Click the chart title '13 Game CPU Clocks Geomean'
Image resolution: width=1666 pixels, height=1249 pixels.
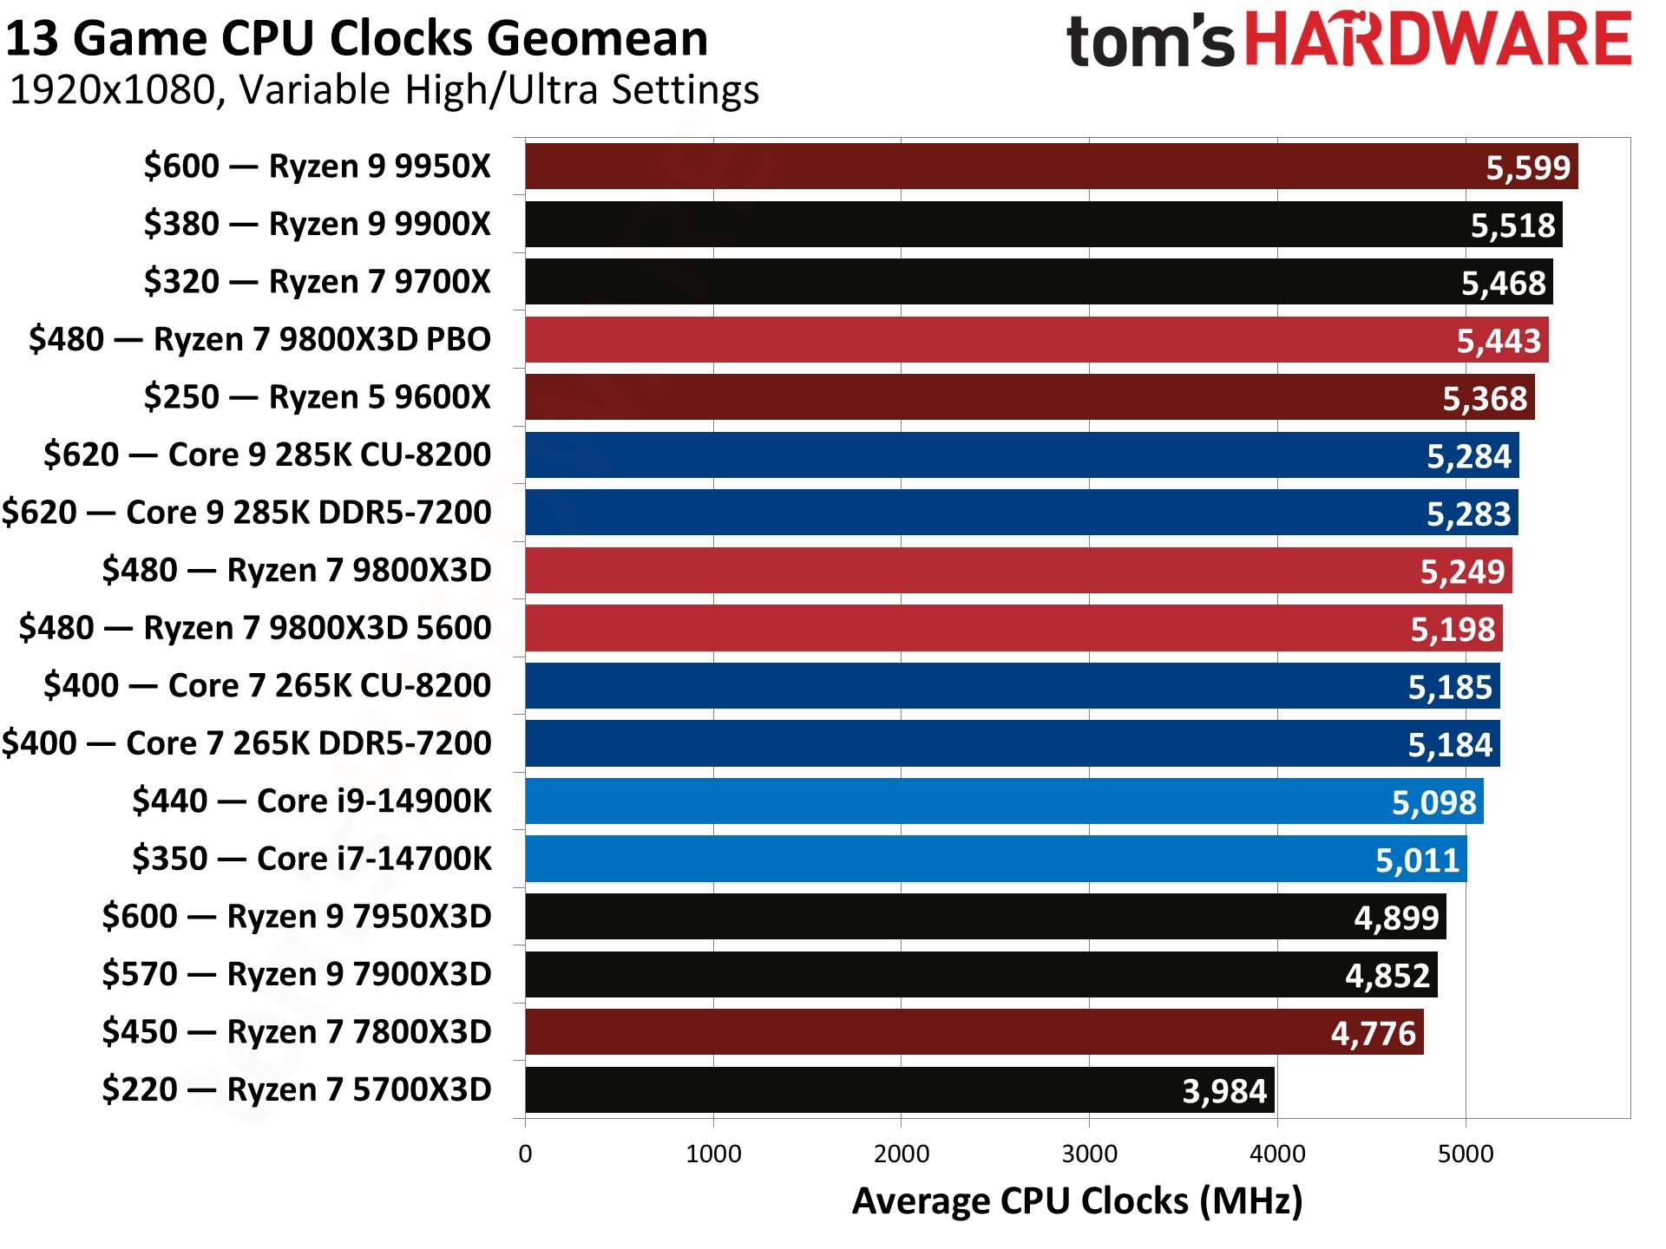pos(357,39)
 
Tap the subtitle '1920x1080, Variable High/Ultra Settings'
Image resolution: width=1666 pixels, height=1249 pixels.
pos(384,90)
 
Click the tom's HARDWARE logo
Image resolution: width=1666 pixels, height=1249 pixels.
pos(1348,40)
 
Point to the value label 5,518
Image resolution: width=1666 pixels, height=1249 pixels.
pos(1512,226)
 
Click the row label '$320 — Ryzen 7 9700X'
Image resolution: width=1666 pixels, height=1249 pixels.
pos(317,282)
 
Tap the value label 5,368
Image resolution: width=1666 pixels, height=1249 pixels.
pos(1484,398)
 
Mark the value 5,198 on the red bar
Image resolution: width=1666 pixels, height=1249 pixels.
pos(1453,629)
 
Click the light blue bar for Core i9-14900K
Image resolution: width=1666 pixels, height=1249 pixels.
pos(954,801)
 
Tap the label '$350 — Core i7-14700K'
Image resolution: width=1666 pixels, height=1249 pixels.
pos(312,859)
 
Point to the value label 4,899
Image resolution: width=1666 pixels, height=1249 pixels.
pos(1396,918)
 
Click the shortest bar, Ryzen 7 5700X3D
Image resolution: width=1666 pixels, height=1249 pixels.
pos(868,1090)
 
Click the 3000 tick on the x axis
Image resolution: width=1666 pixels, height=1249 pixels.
pos(1089,1154)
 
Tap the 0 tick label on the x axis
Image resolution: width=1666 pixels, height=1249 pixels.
pos(525,1154)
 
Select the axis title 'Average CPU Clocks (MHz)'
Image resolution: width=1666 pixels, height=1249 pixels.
pos(1077,1201)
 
